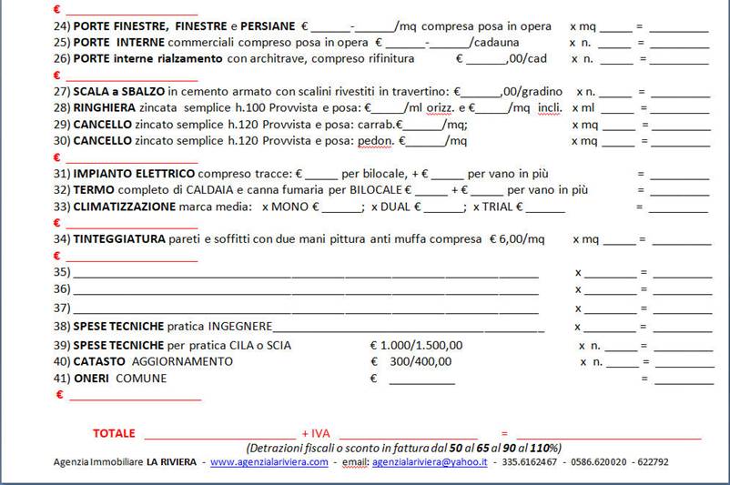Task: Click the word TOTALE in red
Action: coord(114,433)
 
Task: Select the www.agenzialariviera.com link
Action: coord(269,462)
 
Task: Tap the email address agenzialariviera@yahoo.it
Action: coord(430,462)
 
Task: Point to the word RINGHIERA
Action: coord(106,107)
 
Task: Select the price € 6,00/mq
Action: coord(516,239)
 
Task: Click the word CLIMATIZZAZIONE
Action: coord(125,207)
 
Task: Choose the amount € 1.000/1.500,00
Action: coord(417,346)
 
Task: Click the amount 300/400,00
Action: coord(420,362)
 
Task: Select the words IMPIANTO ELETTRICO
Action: coord(134,174)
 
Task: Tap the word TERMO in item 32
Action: coord(94,190)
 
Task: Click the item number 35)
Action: coord(62,272)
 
